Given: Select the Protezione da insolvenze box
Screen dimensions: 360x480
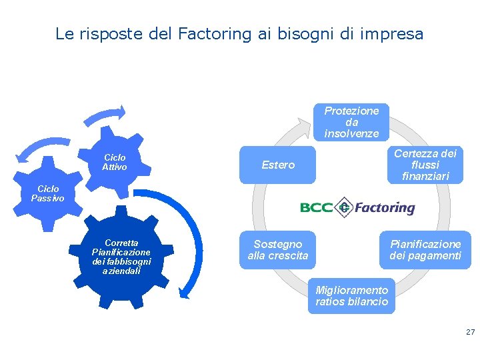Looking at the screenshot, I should (351, 122).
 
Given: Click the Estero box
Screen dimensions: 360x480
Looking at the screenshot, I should (278, 165).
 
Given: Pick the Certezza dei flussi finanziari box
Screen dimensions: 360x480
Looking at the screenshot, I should (425, 165).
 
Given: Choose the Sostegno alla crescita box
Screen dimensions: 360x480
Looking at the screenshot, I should (278, 250).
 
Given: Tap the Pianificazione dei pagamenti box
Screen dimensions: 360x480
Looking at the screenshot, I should (425, 250).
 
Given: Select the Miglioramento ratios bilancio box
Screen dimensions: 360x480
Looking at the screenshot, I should (351, 296).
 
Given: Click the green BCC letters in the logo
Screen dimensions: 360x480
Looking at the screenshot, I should (316, 208).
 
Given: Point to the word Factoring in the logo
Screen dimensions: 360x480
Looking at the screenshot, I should (384, 208).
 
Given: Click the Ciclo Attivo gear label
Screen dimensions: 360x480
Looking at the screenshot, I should (115, 162).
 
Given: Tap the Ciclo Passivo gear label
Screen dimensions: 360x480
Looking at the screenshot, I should (48, 193).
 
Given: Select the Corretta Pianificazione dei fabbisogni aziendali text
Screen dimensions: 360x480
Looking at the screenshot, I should (121, 257).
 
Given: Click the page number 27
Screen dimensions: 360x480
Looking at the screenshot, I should (470, 332).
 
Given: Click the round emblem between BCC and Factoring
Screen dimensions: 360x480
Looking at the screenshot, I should (344, 207).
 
